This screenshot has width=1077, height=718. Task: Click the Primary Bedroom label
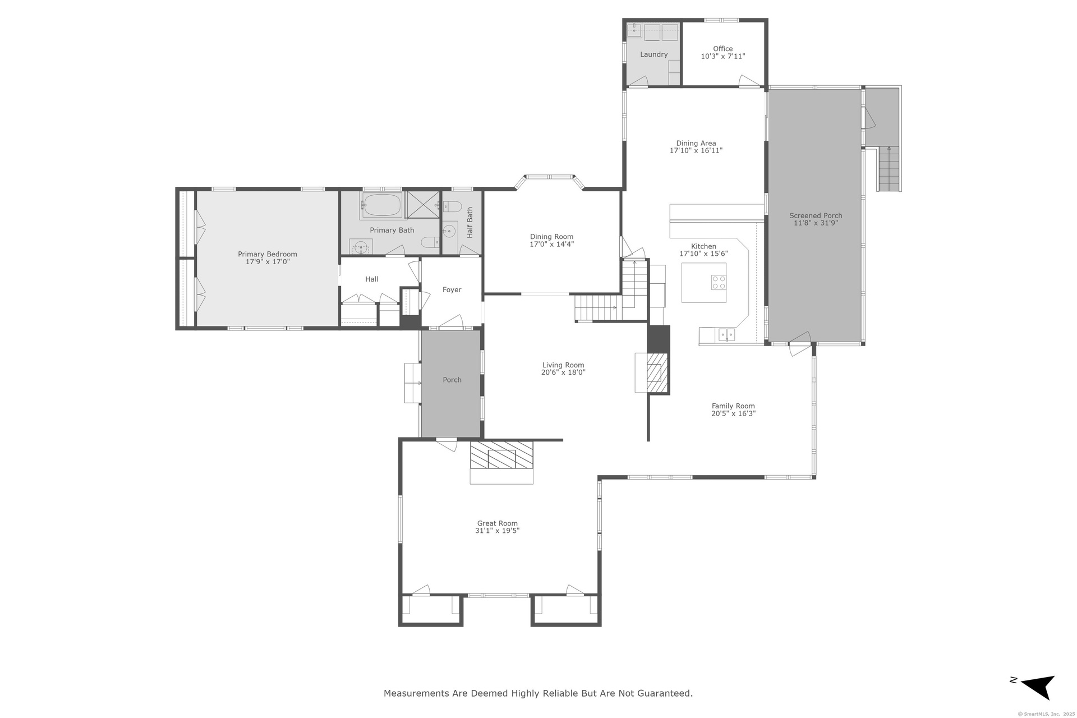(267, 254)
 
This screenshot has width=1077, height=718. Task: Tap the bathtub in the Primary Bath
(383, 205)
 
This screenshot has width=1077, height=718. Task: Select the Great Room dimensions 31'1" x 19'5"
(497, 531)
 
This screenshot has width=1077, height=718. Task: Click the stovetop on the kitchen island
(719, 282)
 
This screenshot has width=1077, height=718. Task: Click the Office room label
(723, 49)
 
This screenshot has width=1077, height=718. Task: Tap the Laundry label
(654, 54)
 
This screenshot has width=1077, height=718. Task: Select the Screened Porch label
(816, 215)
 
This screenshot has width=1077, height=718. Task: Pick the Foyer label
(452, 290)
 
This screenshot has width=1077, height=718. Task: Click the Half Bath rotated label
(470, 223)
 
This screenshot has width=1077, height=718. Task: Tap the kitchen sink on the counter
(726, 335)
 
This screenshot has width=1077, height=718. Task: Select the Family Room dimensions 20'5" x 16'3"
(733, 413)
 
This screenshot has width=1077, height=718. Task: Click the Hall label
(371, 279)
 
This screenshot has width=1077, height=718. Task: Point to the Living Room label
(563, 365)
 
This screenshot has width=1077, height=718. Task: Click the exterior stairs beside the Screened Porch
(889, 169)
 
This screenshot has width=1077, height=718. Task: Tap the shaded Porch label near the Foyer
(452, 380)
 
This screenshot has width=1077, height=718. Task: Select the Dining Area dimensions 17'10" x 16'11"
(696, 151)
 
